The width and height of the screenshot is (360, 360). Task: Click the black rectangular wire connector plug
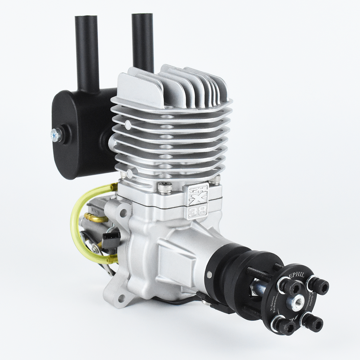tap(111, 240)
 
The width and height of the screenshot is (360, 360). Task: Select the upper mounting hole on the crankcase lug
tap(123, 213)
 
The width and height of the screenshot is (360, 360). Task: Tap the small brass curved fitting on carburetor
tap(95, 218)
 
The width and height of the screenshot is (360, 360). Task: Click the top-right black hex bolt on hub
tap(319, 286)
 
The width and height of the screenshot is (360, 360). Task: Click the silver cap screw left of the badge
tap(165, 188)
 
